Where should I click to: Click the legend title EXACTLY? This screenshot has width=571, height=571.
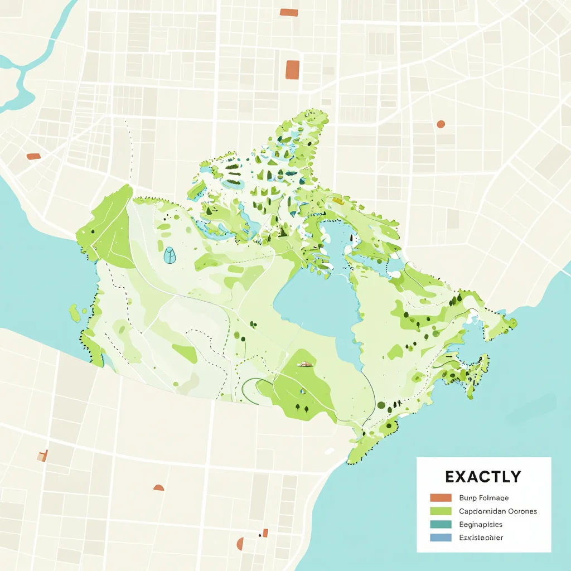coord(483,477)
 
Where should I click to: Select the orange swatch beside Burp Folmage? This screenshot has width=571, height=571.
coord(441,497)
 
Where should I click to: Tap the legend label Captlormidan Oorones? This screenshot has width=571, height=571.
coord(498,511)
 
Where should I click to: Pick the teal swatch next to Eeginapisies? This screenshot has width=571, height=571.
coord(441,524)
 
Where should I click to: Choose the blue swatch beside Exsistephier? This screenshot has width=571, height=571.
coord(441,538)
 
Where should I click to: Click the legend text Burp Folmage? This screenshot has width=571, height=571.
coord(483,497)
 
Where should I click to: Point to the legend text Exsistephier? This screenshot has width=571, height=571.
coord(481,538)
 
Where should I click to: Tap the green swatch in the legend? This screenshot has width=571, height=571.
coord(441,511)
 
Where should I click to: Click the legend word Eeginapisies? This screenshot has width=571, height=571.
coord(481,524)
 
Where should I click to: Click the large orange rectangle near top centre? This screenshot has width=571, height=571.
coord(292,70)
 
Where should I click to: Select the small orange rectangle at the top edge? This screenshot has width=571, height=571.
coord(288,12)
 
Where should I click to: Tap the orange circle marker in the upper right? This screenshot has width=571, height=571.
coord(441,124)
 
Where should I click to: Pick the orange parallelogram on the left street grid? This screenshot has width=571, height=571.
coord(33,157)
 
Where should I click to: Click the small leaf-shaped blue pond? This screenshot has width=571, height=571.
coord(170,255)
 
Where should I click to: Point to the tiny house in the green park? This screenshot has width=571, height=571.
coord(304,364)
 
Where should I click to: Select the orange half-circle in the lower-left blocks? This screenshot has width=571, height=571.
coord(159,488)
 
